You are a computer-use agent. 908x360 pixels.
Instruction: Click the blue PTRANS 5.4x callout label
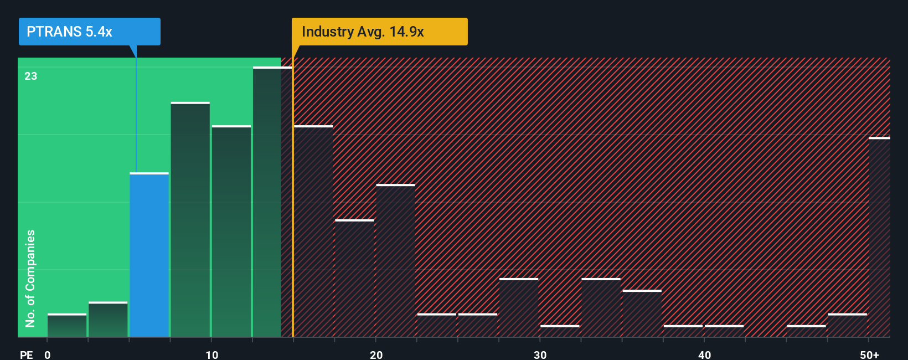[89, 32]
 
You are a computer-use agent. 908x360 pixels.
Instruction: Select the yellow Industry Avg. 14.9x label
[379, 32]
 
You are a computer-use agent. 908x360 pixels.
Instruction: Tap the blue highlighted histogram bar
[149, 255]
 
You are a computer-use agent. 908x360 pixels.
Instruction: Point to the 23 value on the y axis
[31, 76]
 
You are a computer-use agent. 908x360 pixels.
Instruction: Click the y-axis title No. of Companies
[30, 278]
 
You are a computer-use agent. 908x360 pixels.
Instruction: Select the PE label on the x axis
[26, 354]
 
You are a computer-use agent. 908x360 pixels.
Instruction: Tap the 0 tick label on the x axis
[48, 354]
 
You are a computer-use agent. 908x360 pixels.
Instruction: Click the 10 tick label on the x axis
[211, 354]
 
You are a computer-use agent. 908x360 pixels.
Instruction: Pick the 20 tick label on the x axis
[376, 354]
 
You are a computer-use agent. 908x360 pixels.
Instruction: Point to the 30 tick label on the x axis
[540, 354]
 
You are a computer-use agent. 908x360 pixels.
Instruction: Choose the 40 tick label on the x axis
[704, 354]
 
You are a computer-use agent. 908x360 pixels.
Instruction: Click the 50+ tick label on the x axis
[869, 354]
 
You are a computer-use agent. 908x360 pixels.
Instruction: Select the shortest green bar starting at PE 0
[67, 326]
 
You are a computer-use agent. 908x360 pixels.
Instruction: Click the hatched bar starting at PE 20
[395, 260]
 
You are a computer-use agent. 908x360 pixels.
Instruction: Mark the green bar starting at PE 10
[231, 232]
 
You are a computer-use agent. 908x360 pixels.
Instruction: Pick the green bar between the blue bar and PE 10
[190, 220]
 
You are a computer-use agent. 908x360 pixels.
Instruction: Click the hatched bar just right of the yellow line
[313, 232]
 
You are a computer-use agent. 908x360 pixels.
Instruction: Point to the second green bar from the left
[108, 320]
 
